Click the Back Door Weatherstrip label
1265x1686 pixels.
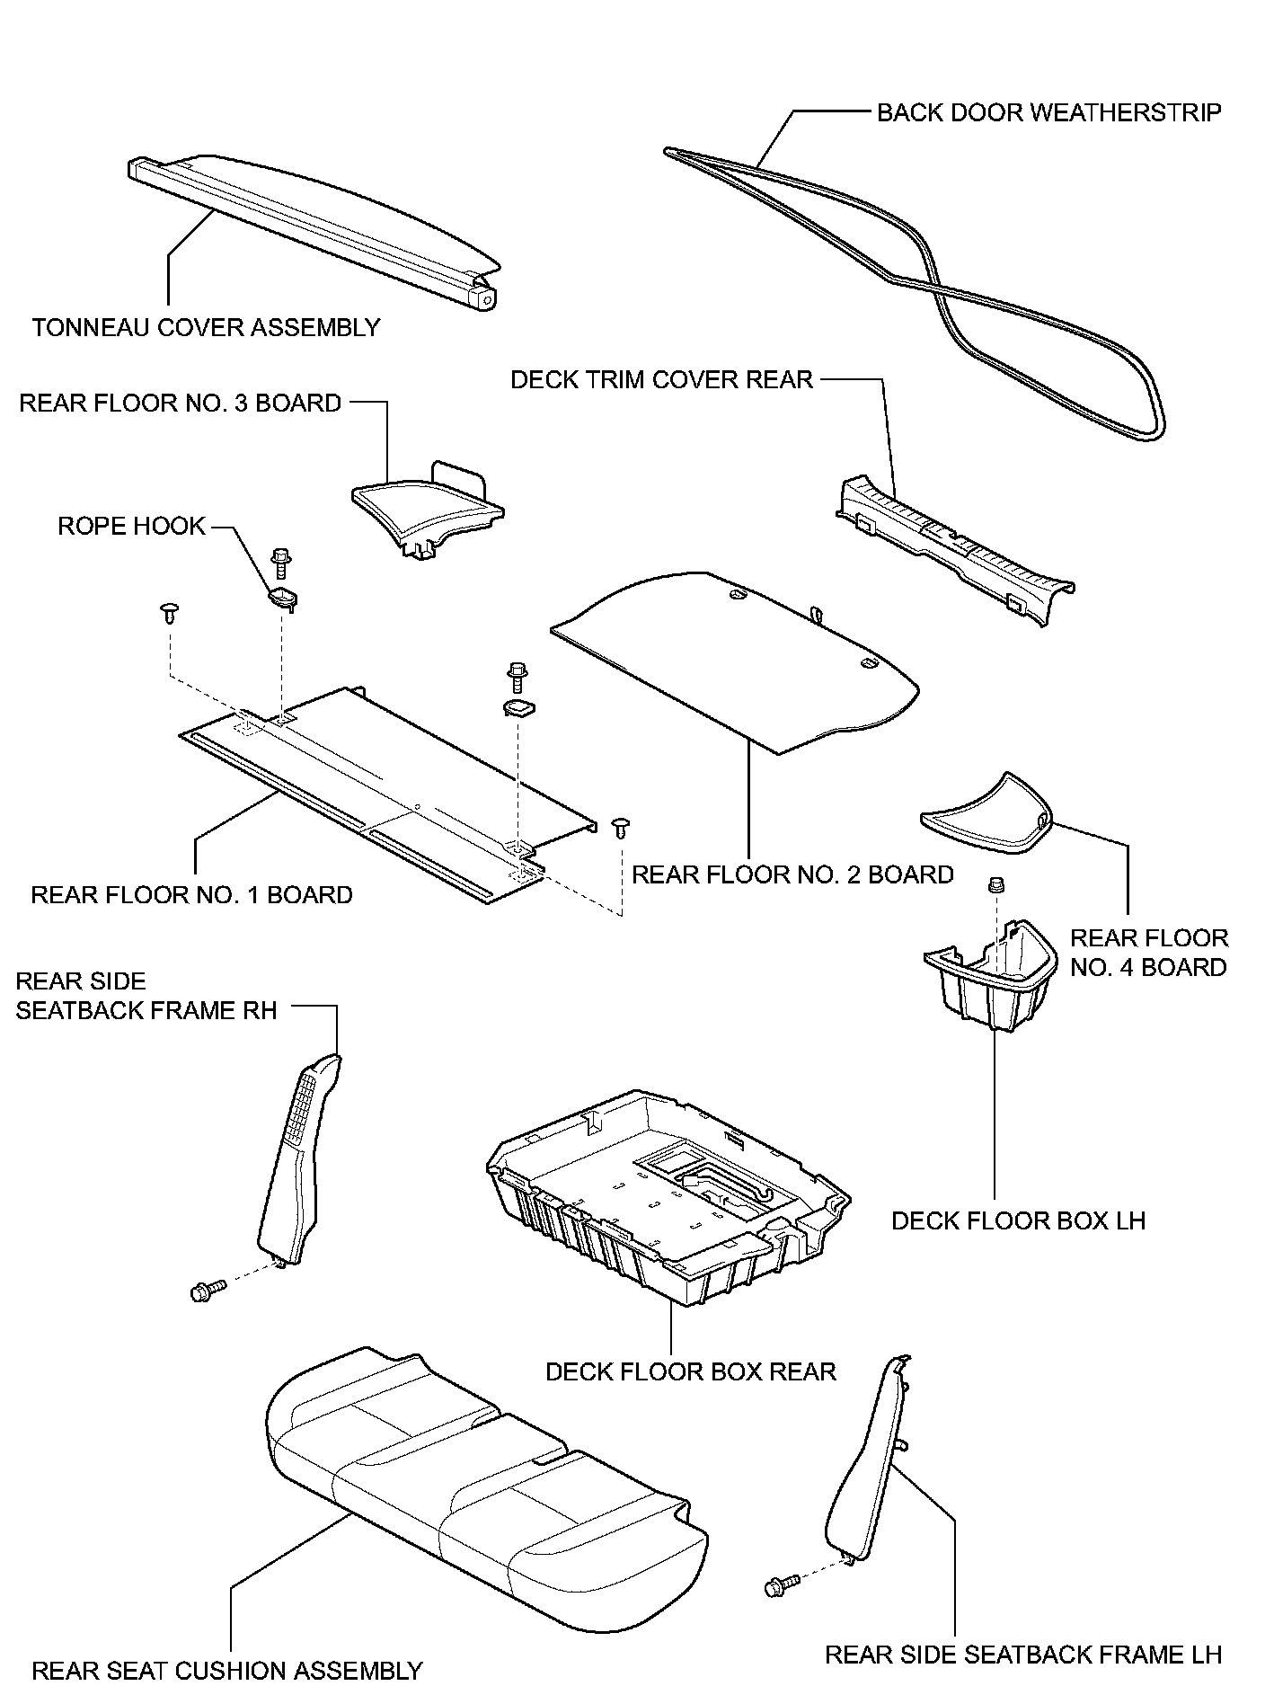point(1048,112)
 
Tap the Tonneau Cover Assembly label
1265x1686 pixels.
point(206,327)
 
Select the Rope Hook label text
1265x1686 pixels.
point(131,526)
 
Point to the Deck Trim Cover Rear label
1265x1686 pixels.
point(661,379)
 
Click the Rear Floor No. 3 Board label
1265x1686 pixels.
point(180,403)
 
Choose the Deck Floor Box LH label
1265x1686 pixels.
point(1018,1220)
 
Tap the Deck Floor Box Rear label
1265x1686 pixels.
point(690,1371)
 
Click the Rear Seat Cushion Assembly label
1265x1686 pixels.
point(226,1670)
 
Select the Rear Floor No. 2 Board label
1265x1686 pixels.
point(792,874)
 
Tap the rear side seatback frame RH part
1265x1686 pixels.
point(296,1159)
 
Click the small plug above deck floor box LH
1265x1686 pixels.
point(995,886)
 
